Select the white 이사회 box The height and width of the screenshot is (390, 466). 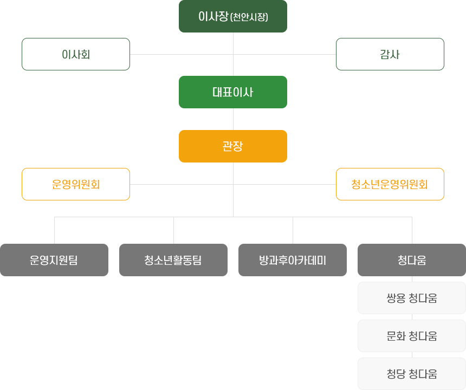tap(76, 54)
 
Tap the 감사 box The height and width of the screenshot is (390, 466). tap(390, 54)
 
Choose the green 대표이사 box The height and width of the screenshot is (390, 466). tap(233, 92)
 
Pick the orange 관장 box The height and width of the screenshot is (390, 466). tap(233, 146)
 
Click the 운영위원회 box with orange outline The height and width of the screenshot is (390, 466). tap(76, 184)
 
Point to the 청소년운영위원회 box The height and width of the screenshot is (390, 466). tap(390, 184)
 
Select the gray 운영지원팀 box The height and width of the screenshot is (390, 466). tap(54, 260)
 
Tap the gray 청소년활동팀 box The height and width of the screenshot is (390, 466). tap(173, 260)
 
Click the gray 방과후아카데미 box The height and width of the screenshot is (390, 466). tap(293, 260)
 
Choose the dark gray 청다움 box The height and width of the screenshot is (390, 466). tap(412, 260)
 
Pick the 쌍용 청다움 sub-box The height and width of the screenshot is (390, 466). tap(412, 298)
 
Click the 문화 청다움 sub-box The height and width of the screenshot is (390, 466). tap(412, 336)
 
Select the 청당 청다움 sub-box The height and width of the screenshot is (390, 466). tap(412, 374)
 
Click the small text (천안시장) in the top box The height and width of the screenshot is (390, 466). tap(249, 17)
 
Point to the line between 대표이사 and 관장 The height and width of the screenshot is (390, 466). tap(233, 119)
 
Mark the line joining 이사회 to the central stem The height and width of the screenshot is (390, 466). tap(182, 54)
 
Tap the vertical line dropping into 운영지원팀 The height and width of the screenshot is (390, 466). tap(54, 230)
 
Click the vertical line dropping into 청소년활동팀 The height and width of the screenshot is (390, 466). tap(173, 230)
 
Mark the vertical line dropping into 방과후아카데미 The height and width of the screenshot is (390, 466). tap(293, 230)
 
